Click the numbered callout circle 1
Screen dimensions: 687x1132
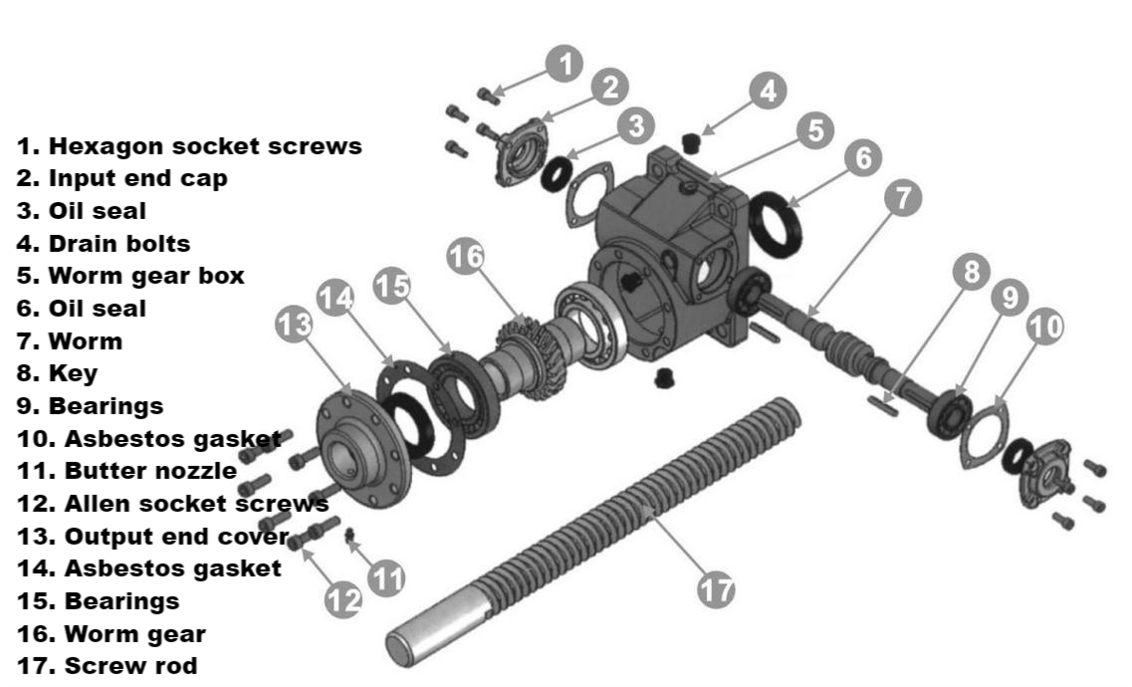coord(565,66)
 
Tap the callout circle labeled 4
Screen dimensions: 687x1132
coord(766,93)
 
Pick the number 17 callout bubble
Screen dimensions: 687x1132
coord(714,589)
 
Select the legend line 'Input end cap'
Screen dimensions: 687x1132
coord(121,179)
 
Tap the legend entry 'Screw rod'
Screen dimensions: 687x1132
coord(107,665)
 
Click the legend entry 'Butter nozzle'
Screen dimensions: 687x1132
coord(126,470)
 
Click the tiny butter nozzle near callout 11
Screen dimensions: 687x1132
coord(349,538)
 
